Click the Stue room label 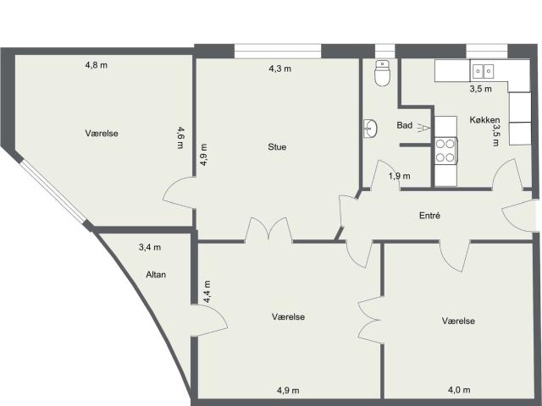coord(277,147)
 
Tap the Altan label coord(156,274)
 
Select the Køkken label coord(484,120)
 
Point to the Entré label coord(429,216)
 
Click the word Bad coord(405,125)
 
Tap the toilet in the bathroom coord(382,73)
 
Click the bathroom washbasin coord(370,129)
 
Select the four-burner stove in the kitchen coord(446,151)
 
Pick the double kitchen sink coord(483,71)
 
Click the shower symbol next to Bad coord(423,128)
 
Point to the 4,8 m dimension coord(96,65)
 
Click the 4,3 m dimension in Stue coord(280,69)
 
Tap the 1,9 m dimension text coord(400,176)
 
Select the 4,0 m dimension coord(459,390)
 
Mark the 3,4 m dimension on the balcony coord(150,247)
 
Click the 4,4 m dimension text coord(207,291)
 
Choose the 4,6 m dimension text coord(180,137)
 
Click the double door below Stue coord(269,229)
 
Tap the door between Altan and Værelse coord(209,320)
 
